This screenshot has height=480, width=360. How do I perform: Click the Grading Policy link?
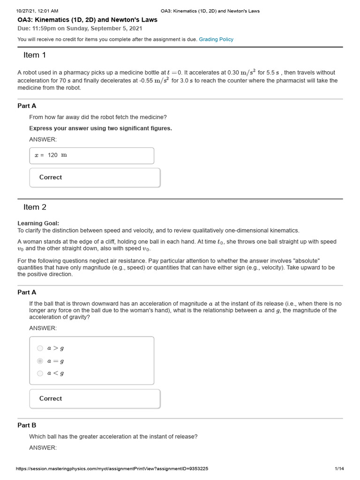tap(216, 39)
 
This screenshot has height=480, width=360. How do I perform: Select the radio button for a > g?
tap(40, 348)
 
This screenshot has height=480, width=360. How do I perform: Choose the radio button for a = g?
tap(40, 361)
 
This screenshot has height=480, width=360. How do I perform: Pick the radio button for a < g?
tap(40, 373)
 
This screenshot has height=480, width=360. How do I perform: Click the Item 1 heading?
tap(35, 55)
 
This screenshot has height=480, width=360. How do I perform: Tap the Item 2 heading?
tap(35, 207)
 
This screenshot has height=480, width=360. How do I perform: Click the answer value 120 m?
tap(57, 155)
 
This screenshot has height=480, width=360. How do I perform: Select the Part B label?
tap(27, 425)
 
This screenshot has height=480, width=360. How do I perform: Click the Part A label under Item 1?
tap(27, 106)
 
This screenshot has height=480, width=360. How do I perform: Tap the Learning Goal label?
tap(38, 223)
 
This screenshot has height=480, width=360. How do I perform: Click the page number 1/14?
tap(339, 469)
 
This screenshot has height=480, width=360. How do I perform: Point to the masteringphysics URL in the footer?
tap(112, 469)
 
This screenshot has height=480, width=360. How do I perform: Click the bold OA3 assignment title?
tap(87, 20)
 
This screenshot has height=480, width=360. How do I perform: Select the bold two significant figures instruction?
tap(100, 128)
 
